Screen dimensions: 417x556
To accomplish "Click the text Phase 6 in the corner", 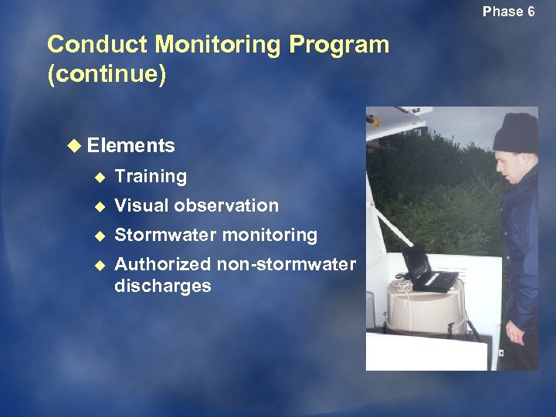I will pyautogui.click(x=508, y=12).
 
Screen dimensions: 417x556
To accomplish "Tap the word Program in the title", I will pyautogui.click(x=339, y=45).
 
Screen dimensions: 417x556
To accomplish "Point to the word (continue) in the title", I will pyautogui.click(x=107, y=76).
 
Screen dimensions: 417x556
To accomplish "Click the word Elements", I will pyautogui.click(x=131, y=146).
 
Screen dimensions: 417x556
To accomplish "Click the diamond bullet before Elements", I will pyautogui.click(x=73, y=146).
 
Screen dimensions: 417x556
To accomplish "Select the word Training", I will pyautogui.click(x=151, y=177).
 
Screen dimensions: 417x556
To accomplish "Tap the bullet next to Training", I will pyautogui.click(x=98, y=177).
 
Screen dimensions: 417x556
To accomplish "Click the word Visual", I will pyautogui.click(x=141, y=205).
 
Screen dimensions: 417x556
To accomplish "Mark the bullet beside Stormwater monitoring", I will pyautogui.click(x=98, y=235).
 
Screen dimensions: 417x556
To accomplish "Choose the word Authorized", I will pyautogui.click(x=162, y=264).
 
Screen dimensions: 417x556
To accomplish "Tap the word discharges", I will pyautogui.click(x=162, y=286).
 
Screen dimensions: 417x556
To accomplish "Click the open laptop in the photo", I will pyautogui.click(x=426, y=270).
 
